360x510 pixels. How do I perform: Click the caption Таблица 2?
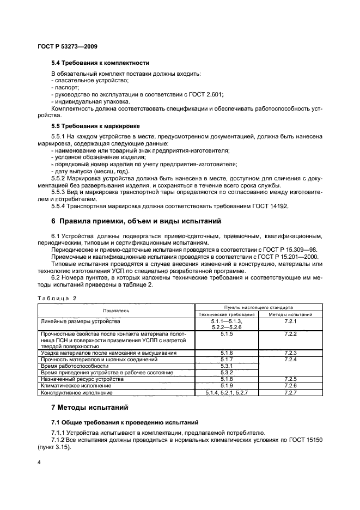click(x=57, y=298)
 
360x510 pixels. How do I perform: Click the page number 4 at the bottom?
click(x=39, y=463)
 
